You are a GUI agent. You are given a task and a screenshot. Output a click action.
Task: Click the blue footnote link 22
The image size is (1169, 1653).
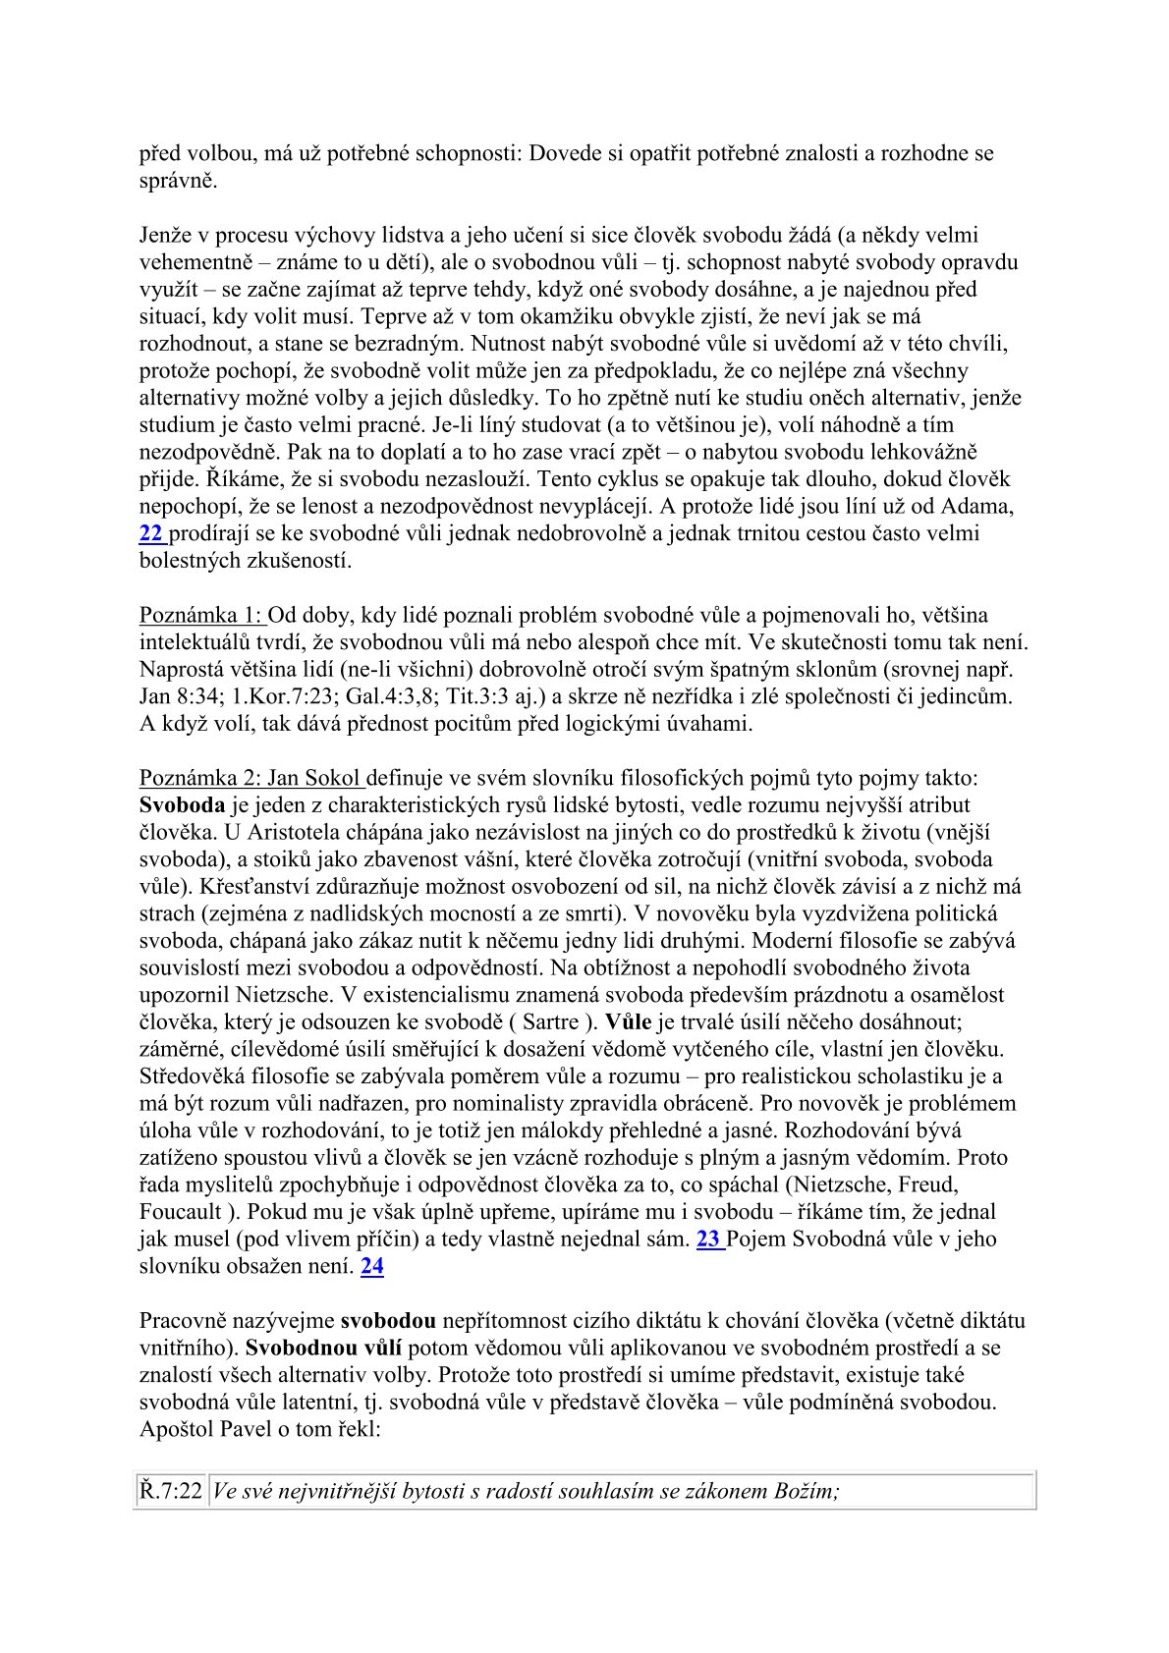[x=151, y=534]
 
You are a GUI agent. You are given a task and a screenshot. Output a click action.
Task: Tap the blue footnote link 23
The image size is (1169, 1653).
[x=708, y=1240]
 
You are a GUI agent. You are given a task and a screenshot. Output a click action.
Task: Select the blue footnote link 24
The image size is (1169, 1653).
[x=372, y=1266]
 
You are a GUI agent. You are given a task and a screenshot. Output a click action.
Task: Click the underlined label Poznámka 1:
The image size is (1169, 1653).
[x=201, y=616]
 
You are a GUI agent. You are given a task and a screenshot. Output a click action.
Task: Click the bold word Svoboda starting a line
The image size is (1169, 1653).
[x=182, y=806]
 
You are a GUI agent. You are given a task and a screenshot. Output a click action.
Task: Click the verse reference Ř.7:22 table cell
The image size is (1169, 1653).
[x=170, y=1492]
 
